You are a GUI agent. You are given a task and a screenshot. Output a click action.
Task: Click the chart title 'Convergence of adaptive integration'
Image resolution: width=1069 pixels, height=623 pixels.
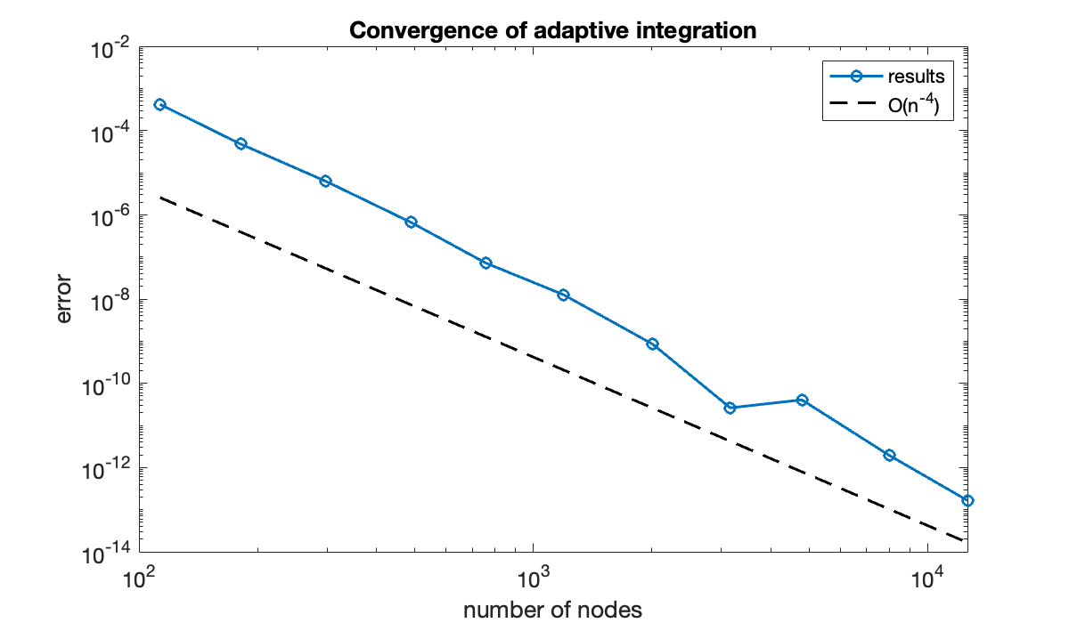click(552, 30)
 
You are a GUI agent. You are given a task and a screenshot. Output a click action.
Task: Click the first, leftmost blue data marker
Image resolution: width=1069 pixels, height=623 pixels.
click(159, 104)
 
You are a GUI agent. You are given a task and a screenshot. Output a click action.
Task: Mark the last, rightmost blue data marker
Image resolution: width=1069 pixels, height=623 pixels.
click(967, 500)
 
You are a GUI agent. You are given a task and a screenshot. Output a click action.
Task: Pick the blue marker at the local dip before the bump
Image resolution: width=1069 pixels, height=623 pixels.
click(730, 408)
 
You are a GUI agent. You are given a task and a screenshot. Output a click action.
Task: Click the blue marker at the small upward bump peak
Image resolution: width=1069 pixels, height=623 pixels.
click(802, 400)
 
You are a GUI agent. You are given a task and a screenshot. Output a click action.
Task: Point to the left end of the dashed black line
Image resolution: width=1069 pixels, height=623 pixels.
click(160, 198)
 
